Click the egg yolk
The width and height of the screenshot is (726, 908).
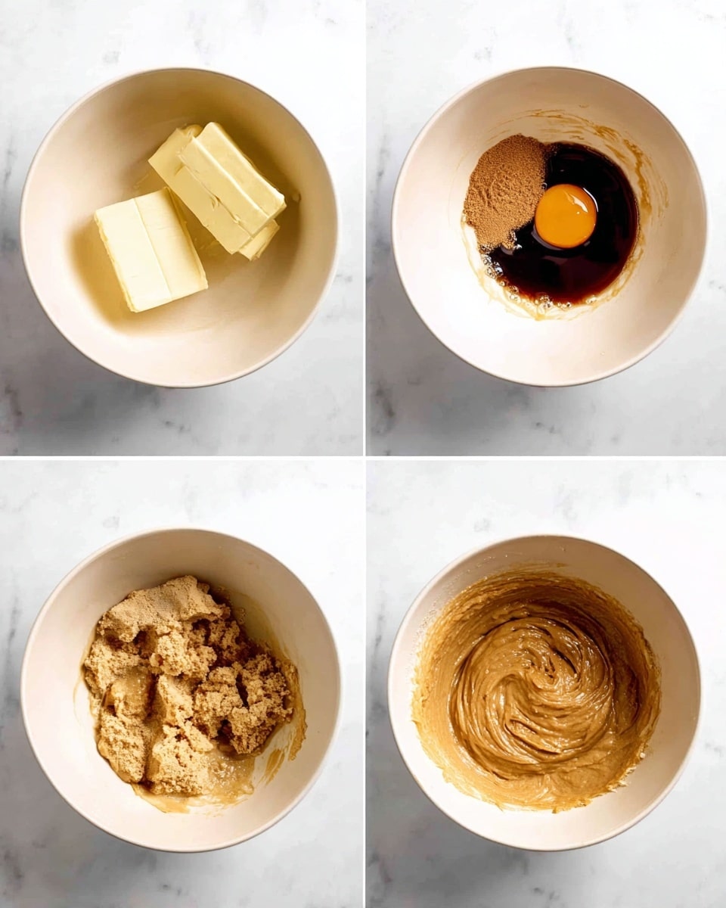(x=565, y=216)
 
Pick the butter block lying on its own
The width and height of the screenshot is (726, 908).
(x=150, y=250)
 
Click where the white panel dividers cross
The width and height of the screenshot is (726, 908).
(x=365, y=456)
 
